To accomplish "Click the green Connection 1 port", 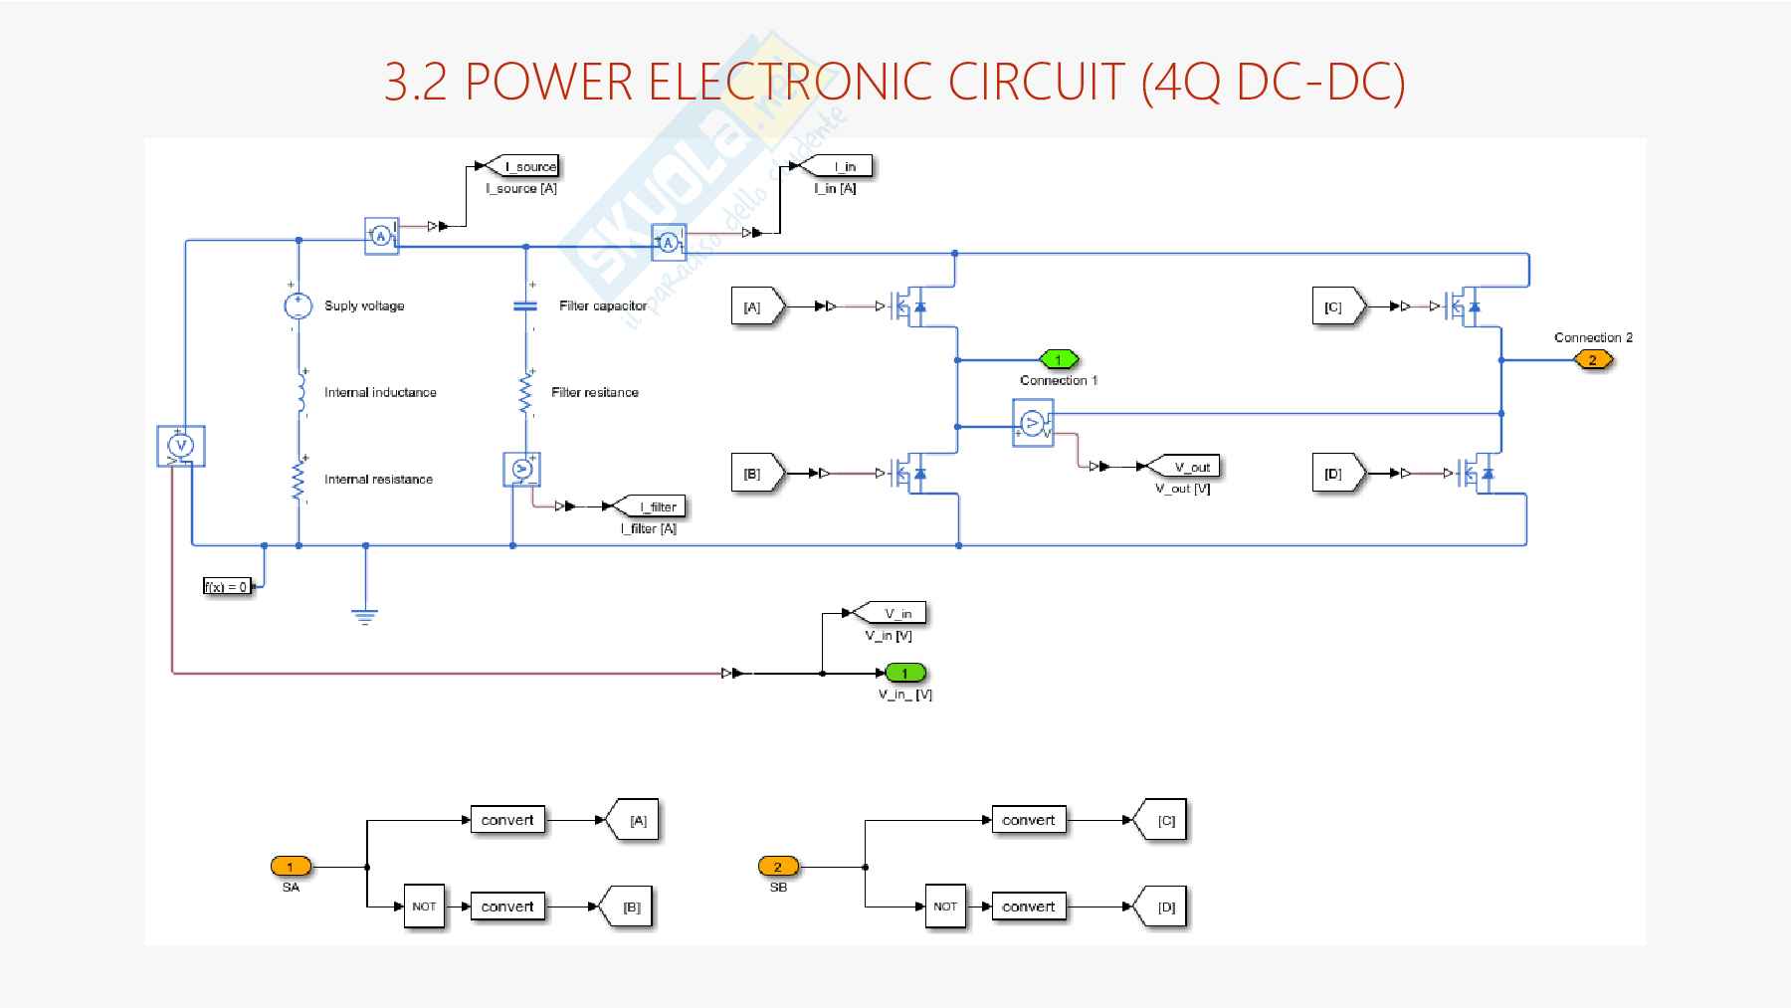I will (1059, 359).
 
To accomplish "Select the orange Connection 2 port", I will (1592, 359).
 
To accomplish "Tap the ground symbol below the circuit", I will (365, 616).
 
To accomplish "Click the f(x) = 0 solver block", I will (228, 586).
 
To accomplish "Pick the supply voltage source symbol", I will (298, 305).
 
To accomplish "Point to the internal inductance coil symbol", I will (299, 392).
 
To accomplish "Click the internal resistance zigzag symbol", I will (298, 479).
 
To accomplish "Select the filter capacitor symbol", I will (525, 305).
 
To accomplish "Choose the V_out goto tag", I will (1184, 467).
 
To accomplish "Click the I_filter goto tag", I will (652, 506).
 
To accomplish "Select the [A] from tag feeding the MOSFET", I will (756, 307).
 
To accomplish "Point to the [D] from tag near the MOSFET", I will (1337, 474).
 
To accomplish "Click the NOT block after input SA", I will (424, 907).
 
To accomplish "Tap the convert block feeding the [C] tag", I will (1028, 820).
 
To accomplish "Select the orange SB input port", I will (778, 867).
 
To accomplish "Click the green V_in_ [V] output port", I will (904, 674).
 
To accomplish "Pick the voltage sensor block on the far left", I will (180, 446).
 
